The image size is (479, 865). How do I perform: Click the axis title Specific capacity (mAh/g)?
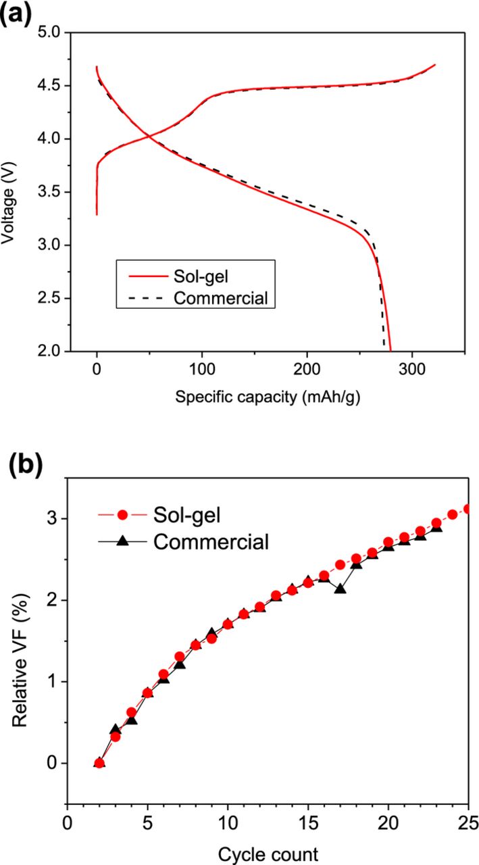(268, 398)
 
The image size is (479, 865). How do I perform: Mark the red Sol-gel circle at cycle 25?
(468, 509)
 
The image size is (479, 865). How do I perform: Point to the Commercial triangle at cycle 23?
(436, 527)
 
